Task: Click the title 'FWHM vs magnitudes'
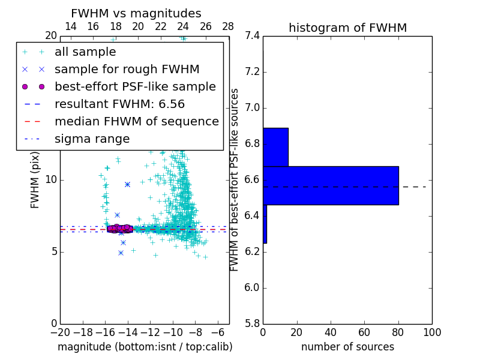tap(136, 13)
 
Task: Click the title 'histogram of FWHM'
tap(347, 28)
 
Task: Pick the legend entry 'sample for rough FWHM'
tap(127, 69)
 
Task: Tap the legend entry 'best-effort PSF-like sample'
tap(135, 86)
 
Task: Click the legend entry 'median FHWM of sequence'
tap(136, 121)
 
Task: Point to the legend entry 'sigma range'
tap(92, 139)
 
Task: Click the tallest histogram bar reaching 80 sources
tap(331, 185)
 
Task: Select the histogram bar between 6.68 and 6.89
tap(275, 147)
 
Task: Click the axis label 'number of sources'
tap(347, 347)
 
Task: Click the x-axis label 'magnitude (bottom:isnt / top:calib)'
tap(145, 347)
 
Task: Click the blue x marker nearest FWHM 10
tap(127, 184)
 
